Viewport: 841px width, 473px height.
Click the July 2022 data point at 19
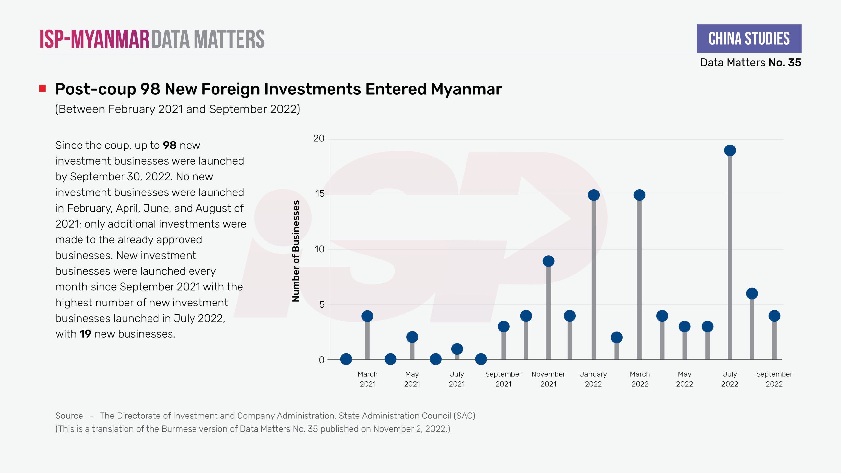(x=730, y=150)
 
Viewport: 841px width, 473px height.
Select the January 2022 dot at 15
(x=594, y=195)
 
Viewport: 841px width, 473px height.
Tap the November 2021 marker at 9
(x=548, y=261)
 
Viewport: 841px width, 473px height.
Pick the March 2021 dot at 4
(x=367, y=316)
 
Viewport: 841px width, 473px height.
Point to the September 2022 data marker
(x=774, y=316)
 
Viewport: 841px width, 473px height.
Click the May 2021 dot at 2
(x=412, y=337)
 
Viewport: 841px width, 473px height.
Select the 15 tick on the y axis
(x=320, y=194)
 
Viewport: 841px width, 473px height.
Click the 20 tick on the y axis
(x=319, y=138)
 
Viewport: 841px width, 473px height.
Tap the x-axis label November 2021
(x=548, y=379)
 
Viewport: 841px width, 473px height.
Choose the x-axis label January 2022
(x=593, y=379)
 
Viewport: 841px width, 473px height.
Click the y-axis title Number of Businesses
(x=296, y=251)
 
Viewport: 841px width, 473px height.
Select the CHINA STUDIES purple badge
(x=749, y=38)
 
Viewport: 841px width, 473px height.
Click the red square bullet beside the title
(x=43, y=88)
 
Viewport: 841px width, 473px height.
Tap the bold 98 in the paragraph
(x=170, y=145)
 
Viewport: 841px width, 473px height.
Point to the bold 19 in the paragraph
(x=85, y=334)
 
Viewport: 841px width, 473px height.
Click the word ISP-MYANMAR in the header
(x=95, y=39)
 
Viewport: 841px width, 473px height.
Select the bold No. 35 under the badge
(x=785, y=62)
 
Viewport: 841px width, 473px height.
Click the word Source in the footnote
(x=69, y=416)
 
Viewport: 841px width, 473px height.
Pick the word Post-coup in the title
(x=96, y=89)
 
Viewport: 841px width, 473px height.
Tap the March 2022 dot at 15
(x=639, y=195)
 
